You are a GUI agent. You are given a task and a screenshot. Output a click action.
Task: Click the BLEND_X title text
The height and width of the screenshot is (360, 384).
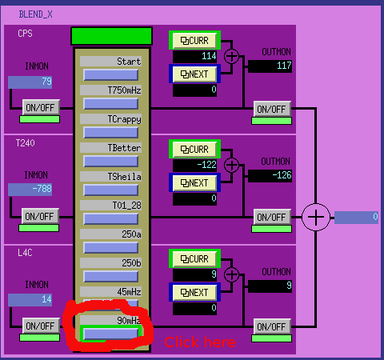click(35, 14)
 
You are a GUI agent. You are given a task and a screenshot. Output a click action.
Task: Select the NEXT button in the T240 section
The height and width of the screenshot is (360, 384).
click(194, 183)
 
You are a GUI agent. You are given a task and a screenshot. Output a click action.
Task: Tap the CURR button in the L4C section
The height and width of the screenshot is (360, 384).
click(194, 259)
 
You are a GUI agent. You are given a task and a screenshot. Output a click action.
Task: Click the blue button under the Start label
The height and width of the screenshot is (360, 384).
click(111, 75)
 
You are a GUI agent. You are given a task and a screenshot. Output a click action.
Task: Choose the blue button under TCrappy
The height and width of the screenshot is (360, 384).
click(111, 133)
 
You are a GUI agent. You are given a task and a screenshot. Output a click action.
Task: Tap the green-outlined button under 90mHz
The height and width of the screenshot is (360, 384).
click(111, 334)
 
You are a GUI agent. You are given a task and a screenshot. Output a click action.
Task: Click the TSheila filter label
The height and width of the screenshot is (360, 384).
click(124, 177)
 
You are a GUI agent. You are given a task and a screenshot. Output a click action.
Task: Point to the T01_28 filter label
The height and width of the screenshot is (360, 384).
click(126, 206)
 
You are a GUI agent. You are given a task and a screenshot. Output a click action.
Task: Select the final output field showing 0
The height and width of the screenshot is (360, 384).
click(356, 218)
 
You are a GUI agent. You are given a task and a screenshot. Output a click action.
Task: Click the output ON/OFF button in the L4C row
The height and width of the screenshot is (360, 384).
click(272, 326)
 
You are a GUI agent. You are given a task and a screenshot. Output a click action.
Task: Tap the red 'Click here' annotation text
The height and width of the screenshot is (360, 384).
click(200, 342)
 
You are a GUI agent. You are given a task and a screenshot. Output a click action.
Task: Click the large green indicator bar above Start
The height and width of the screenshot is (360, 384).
click(111, 36)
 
